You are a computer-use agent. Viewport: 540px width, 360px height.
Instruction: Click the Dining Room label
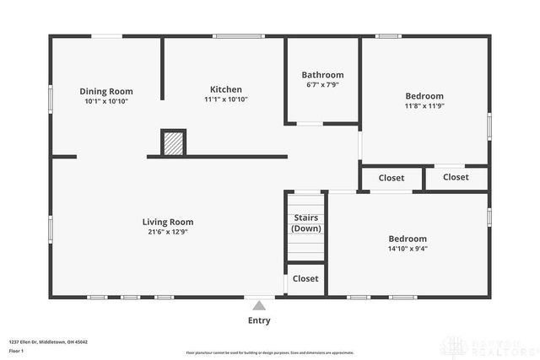(106, 92)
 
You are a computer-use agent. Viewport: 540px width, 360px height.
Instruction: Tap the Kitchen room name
(226, 89)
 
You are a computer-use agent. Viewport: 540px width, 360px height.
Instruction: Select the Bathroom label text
(323, 75)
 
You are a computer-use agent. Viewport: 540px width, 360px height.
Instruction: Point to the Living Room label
(168, 223)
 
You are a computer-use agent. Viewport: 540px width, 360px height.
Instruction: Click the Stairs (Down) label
(305, 223)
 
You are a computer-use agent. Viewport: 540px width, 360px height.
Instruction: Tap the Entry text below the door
(259, 320)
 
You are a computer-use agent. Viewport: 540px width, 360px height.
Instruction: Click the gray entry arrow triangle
(259, 305)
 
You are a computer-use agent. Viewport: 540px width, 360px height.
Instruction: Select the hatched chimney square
(174, 142)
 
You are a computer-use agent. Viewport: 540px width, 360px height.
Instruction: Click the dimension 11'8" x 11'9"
(424, 106)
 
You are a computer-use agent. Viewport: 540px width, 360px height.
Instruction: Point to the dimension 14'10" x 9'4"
(407, 248)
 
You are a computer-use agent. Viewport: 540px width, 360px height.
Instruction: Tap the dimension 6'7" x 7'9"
(323, 85)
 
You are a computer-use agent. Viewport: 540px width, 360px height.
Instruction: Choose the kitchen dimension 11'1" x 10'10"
(225, 99)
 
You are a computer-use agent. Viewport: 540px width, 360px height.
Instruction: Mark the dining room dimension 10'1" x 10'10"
(106, 101)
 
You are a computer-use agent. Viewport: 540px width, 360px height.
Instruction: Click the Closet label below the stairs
(305, 279)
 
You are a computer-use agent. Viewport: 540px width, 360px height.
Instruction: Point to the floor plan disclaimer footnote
(269, 352)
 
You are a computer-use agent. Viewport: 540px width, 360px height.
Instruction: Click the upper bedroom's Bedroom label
(424, 96)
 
